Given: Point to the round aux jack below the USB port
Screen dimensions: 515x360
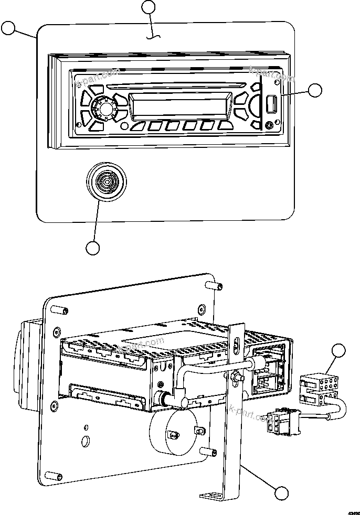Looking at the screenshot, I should pyautogui.click(x=270, y=125).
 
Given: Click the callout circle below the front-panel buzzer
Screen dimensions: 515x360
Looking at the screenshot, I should pyautogui.click(x=93, y=248).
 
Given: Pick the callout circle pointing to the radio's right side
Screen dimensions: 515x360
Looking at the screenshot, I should pyautogui.click(x=315, y=90).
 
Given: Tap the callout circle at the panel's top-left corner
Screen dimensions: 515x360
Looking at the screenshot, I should pyautogui.click(x=9, y=28).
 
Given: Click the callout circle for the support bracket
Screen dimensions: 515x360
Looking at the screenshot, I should pyautogui.click(x=281, y=492).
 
